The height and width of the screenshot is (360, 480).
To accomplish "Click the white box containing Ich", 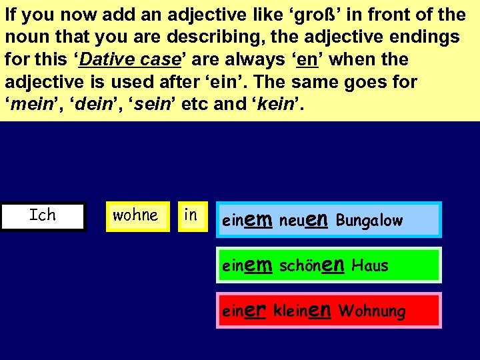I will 43,216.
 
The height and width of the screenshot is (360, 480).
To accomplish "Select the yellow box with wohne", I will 135,216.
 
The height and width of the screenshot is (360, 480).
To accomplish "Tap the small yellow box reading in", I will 191,216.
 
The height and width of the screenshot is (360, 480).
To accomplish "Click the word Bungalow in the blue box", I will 369,221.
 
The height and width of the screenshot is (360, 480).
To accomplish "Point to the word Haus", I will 369,266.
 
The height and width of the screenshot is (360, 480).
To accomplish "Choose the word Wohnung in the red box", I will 372,311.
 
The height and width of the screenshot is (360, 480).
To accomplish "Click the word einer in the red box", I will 245,311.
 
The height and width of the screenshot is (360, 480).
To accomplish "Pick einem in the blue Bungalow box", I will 247,220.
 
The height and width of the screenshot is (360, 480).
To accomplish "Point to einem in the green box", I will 247,265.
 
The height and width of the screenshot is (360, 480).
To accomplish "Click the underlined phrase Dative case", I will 131,60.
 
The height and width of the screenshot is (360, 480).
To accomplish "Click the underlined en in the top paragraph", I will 307,60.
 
